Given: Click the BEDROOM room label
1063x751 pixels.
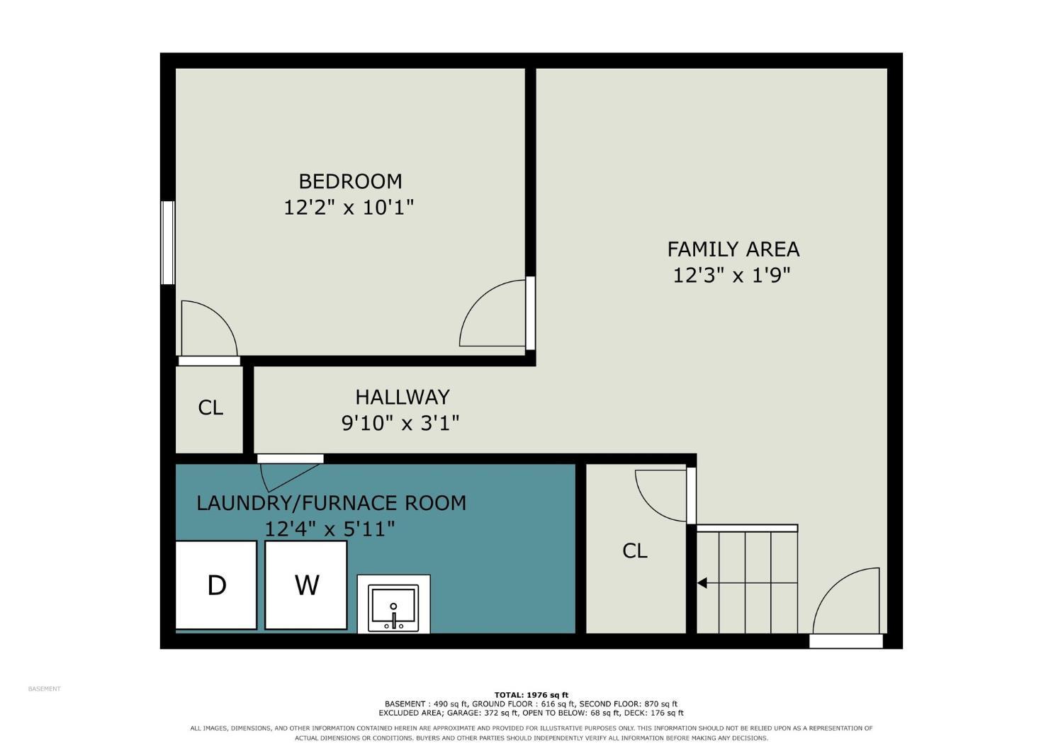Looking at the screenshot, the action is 350,181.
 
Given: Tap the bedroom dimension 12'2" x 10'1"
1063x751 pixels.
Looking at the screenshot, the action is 349,208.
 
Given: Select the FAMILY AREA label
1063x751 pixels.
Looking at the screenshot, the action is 733,249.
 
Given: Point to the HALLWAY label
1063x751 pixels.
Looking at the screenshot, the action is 403,397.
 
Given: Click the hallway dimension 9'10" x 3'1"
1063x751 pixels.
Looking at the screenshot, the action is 400,423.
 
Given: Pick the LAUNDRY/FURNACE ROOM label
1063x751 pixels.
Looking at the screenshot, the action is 331,503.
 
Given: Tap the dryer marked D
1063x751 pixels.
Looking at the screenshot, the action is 216,585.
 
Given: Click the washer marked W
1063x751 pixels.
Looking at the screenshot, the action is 306,585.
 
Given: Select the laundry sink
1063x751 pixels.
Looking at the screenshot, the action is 393,608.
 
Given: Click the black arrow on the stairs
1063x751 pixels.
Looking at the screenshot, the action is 702,582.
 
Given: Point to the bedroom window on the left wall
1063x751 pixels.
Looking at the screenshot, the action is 168,242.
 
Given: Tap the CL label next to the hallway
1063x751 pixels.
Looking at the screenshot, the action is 210,407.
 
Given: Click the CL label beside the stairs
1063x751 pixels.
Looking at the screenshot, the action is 634,550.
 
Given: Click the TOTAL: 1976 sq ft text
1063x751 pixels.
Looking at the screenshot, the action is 531,695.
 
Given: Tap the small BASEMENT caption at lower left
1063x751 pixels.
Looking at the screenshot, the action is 44,689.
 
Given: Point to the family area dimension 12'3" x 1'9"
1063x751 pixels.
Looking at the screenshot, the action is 732,275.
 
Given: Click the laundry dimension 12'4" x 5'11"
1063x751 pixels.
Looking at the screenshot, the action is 330,529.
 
